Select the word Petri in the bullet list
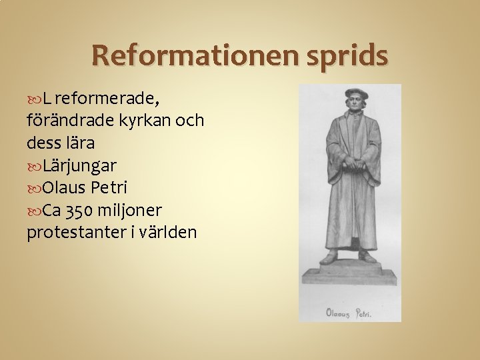pos(108,187)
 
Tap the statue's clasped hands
pos(351,163)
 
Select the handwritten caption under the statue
pos(349,311)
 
